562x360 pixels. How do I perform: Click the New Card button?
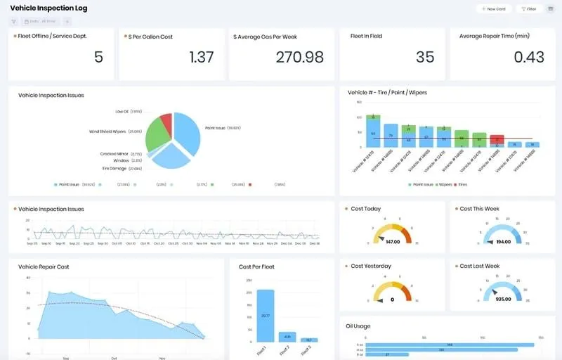493,9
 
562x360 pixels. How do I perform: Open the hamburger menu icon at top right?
550,9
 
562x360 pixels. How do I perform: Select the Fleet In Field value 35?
425,57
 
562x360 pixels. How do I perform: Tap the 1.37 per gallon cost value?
202,57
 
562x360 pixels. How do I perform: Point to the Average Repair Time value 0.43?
529,57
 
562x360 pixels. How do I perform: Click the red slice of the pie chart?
166,124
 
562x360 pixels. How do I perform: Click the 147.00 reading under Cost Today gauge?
393,241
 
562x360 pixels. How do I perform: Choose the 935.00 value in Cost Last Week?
502,298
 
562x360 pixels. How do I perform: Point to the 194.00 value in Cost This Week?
502,241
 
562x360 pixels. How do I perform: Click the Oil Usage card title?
358,326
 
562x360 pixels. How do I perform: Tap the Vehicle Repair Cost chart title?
44,266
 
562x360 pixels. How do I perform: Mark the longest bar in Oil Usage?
450,345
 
